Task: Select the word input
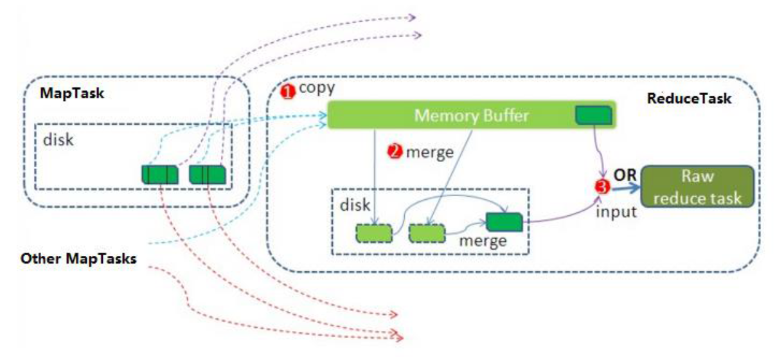click(616, 212)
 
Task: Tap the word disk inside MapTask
click(58, 139)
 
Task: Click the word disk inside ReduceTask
click(354, 205)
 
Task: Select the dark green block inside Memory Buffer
click(591, 115)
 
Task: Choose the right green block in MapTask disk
click(207, 174)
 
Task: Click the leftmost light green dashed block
click(374, 232)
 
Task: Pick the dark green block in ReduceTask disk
click(504, 221)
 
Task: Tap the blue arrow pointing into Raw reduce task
click(624, 188)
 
